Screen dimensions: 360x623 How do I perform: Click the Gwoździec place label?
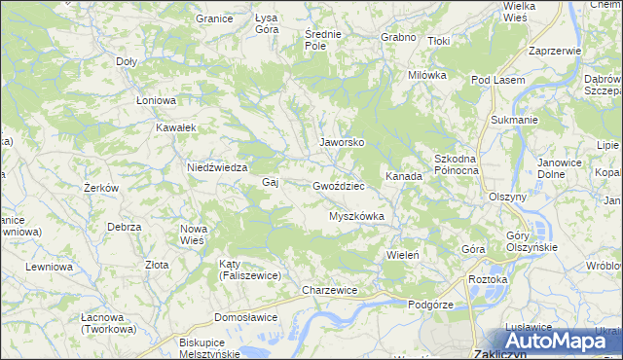pos(339,185)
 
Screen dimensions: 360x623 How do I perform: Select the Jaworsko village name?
pos(343,142)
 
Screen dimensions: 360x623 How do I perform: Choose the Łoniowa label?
pos(156,100)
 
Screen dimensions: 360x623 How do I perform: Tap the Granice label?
pos(213,18)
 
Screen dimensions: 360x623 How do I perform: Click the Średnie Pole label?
pos(322,40)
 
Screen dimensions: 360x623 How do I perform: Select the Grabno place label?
pos(399,37)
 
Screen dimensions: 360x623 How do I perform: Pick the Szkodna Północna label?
pos(456,163)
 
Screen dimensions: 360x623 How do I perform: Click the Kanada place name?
pos(403,177)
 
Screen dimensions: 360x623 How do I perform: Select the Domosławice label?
pos(246,317)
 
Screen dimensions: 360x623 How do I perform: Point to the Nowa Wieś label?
pos(195,234)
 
